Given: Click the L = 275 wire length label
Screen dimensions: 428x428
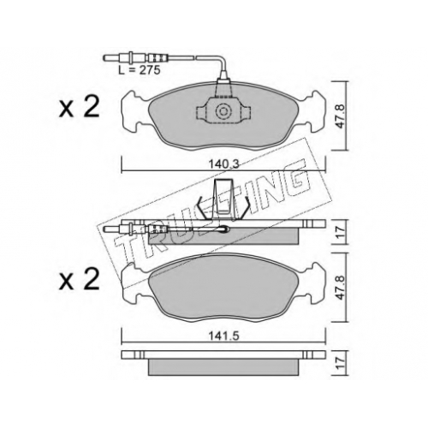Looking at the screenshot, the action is click(140, 70).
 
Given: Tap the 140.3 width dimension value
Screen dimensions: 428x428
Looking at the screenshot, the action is click(223, 163).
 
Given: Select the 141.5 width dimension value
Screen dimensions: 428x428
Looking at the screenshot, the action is click(223, 336).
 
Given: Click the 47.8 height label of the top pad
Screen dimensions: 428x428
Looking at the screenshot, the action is click(342, 116).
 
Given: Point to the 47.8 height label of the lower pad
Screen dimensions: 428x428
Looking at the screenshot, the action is click(342, 288).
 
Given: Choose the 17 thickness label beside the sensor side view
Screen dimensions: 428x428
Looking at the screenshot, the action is click(342, 232).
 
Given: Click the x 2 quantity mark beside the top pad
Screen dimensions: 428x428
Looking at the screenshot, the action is click(79, 107).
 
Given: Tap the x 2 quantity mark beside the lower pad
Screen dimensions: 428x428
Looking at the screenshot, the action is click(79, 280).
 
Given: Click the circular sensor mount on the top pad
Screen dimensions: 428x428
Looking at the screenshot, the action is click(223, 111).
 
